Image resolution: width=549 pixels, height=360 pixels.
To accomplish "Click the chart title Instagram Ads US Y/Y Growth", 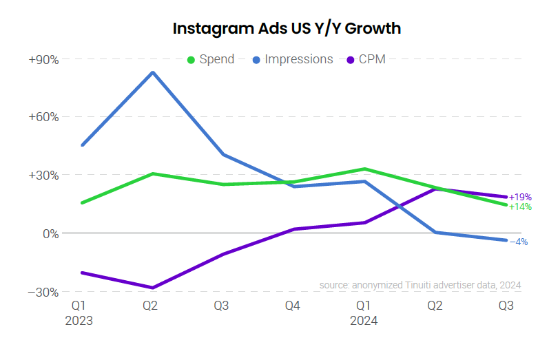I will (x=287, y=29).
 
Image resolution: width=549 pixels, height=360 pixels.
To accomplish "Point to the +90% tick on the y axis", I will (x=43, y=60).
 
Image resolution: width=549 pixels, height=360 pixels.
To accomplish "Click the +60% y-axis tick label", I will (x=43, y=117).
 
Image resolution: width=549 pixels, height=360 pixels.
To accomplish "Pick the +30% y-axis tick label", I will (x=43, y=176).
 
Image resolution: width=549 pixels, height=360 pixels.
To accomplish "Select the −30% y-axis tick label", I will (x=43, y=292).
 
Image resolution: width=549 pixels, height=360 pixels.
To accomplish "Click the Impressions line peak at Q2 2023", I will (x=152, y=72).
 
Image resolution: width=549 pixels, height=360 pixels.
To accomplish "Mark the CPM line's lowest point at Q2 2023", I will (x=152, y=288).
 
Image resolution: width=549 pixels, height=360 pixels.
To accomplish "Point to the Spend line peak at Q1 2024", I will (x=364, y=169).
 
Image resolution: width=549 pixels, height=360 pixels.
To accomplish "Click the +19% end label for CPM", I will (x=520, y=198).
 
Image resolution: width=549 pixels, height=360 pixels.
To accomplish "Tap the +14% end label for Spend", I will (x=520, y=207).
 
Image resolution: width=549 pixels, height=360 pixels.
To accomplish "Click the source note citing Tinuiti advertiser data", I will (x=419, y=285).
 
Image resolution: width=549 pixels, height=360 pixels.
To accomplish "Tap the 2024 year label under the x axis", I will (x=364, y=321).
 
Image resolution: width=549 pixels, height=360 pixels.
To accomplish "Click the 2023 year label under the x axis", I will (x=79, y=321).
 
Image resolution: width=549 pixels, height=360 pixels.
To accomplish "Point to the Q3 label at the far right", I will (x=506, y=304).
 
